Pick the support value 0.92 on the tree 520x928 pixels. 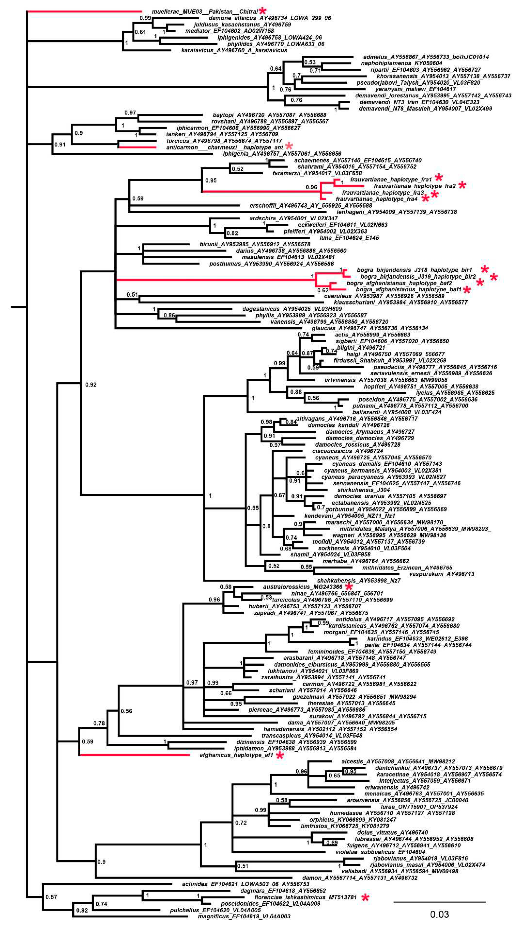[x=91, y=385]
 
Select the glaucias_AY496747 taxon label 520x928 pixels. [x=370, y=328]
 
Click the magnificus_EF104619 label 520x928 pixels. [x=244, y=916]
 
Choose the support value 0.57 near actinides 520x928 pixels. [x=51, y=897]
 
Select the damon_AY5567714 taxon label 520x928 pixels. [x=360, y=878]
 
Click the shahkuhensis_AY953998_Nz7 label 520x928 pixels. [x=359, y=580]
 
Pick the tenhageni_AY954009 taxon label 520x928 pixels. [x=396, y=212]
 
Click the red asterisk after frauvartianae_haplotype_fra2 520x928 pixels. [x=462, y=186]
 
